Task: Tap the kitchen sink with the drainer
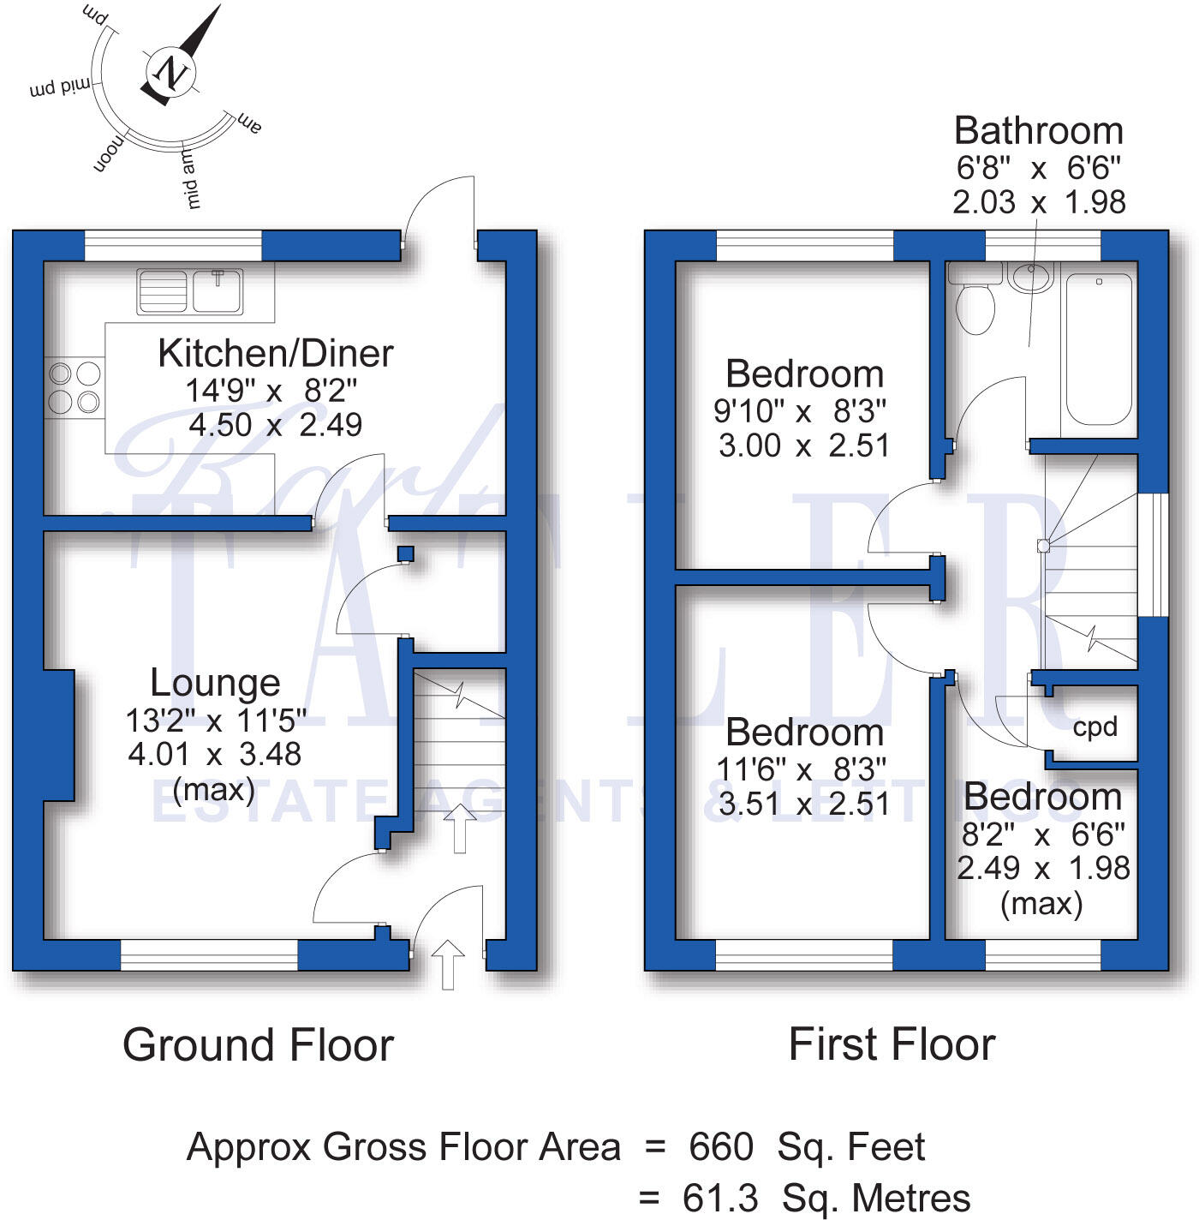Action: point(190,291)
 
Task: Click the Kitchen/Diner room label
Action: point(275,354)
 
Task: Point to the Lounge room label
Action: point(215,683)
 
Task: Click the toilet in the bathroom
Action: point(975,308)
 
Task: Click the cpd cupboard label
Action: point(1095,727)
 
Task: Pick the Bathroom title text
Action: point(1038,131)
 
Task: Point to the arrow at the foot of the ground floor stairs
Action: point(460,831)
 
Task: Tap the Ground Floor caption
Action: point(258,1045)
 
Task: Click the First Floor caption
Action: point(892,1045)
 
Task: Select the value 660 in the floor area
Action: point(721,1147)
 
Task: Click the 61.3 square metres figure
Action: point(720,1198)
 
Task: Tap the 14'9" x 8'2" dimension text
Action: point(271,391)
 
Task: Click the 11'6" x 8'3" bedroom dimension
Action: point(802,769)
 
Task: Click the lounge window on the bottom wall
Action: point(209,955)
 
